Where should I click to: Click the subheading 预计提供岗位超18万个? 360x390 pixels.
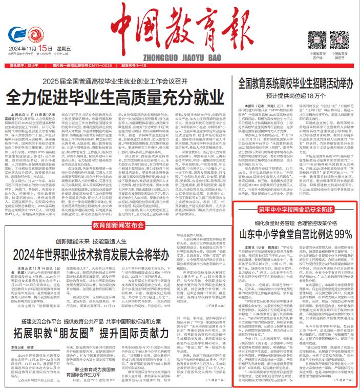pyautogui.click(x=292, y=94)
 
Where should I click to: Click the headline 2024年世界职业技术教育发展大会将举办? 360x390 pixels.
pyautogui.click(x=86, y=239)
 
